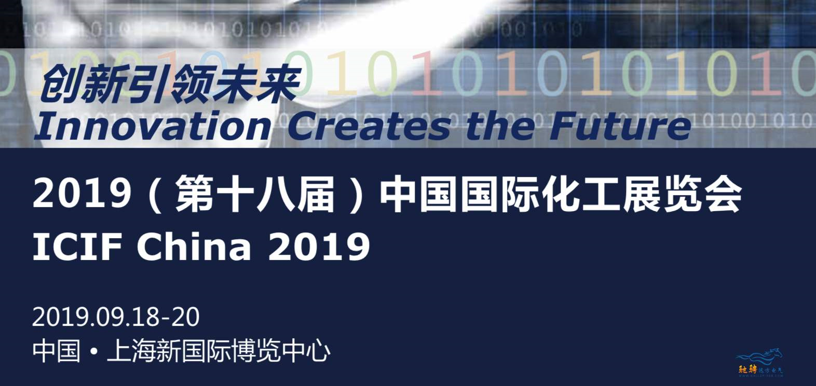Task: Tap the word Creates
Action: [x=369, y=126]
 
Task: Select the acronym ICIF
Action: [x=77, y=246]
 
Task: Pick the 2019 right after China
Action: [x=319, y=246]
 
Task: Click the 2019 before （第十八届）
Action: [x=83, y=194]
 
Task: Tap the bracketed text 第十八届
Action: [x=255, y=194]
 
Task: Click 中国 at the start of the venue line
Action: [x=57, y=351]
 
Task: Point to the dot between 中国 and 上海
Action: [x=94, y=352]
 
